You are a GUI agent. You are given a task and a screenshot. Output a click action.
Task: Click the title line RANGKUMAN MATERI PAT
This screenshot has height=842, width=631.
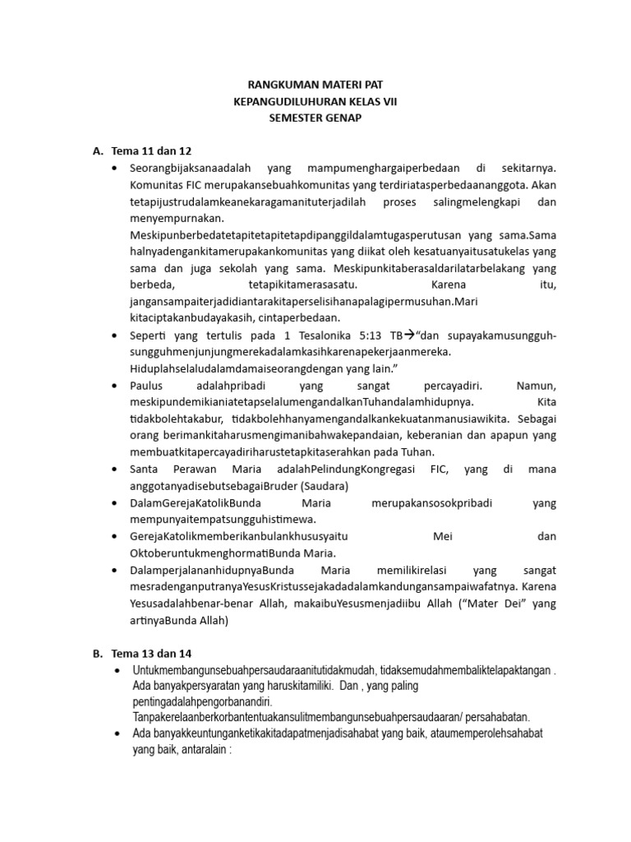point(315,84)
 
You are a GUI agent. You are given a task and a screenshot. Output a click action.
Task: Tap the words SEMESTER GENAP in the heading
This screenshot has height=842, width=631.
point(315,118)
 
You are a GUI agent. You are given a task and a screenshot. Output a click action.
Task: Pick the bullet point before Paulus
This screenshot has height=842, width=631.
point(113,385)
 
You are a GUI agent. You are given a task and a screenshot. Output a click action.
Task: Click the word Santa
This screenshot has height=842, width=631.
point(145,469)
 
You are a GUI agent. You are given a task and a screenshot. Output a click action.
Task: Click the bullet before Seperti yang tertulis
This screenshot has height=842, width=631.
point(113,335)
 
